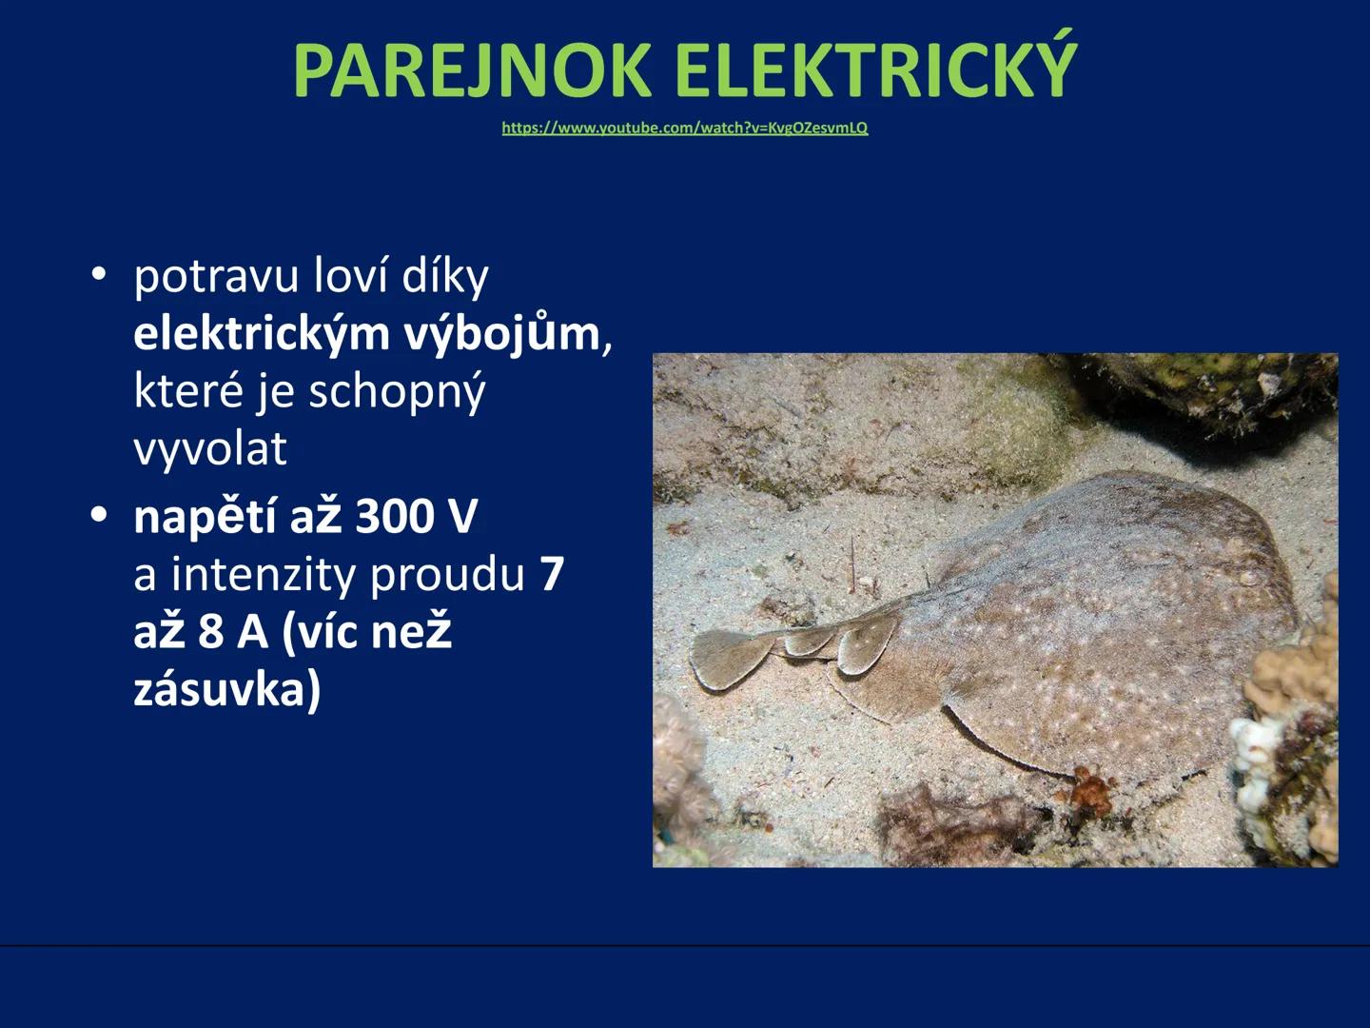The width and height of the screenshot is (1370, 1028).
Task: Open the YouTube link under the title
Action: pyautogui.click(x=684, y=128)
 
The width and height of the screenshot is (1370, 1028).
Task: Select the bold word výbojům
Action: pyautogui.click(x=501, y=334)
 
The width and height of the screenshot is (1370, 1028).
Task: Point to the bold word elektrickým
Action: pyautogui.click(x=262, y=334)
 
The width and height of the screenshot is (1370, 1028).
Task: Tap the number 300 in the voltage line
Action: pyautogui.click(x=393, y=517)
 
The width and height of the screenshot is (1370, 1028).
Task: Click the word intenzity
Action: pyautogui.click(x=264, y=575)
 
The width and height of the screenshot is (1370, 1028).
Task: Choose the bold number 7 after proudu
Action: pyautogui.click(x=552, y=575)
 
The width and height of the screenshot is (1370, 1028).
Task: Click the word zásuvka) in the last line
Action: pyautogui.click(x=226, y=689)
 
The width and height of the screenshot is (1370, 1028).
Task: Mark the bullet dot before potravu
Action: pyautogui.click(x=99, y=276)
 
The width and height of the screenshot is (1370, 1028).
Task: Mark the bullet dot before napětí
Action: pyautogui.click(x=99, y=516)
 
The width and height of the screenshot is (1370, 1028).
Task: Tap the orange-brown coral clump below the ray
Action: pyautogui.click(x=1093, y=790)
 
